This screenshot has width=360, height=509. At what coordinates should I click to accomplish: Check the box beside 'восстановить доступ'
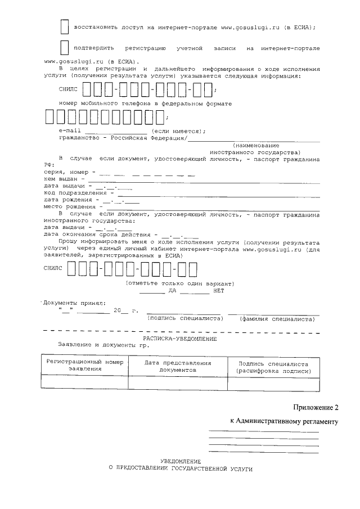(65, 26)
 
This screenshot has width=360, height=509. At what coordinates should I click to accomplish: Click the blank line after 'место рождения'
(214, 209)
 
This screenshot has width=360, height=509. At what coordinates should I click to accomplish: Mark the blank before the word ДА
(152, 292)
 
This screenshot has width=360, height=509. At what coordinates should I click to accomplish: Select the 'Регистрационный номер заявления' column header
(84, 366)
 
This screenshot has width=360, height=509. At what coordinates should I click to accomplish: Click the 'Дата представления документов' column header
(178, 367)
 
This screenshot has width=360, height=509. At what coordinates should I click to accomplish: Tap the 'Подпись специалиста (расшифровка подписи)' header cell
(273, 367)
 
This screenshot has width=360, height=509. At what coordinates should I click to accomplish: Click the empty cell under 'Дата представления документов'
(178, 382)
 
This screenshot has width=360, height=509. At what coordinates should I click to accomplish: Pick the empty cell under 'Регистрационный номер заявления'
(84, 382)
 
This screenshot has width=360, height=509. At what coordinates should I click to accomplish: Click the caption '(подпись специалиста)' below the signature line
(185, 318)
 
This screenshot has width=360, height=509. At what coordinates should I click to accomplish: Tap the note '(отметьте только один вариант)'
(180, 283)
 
